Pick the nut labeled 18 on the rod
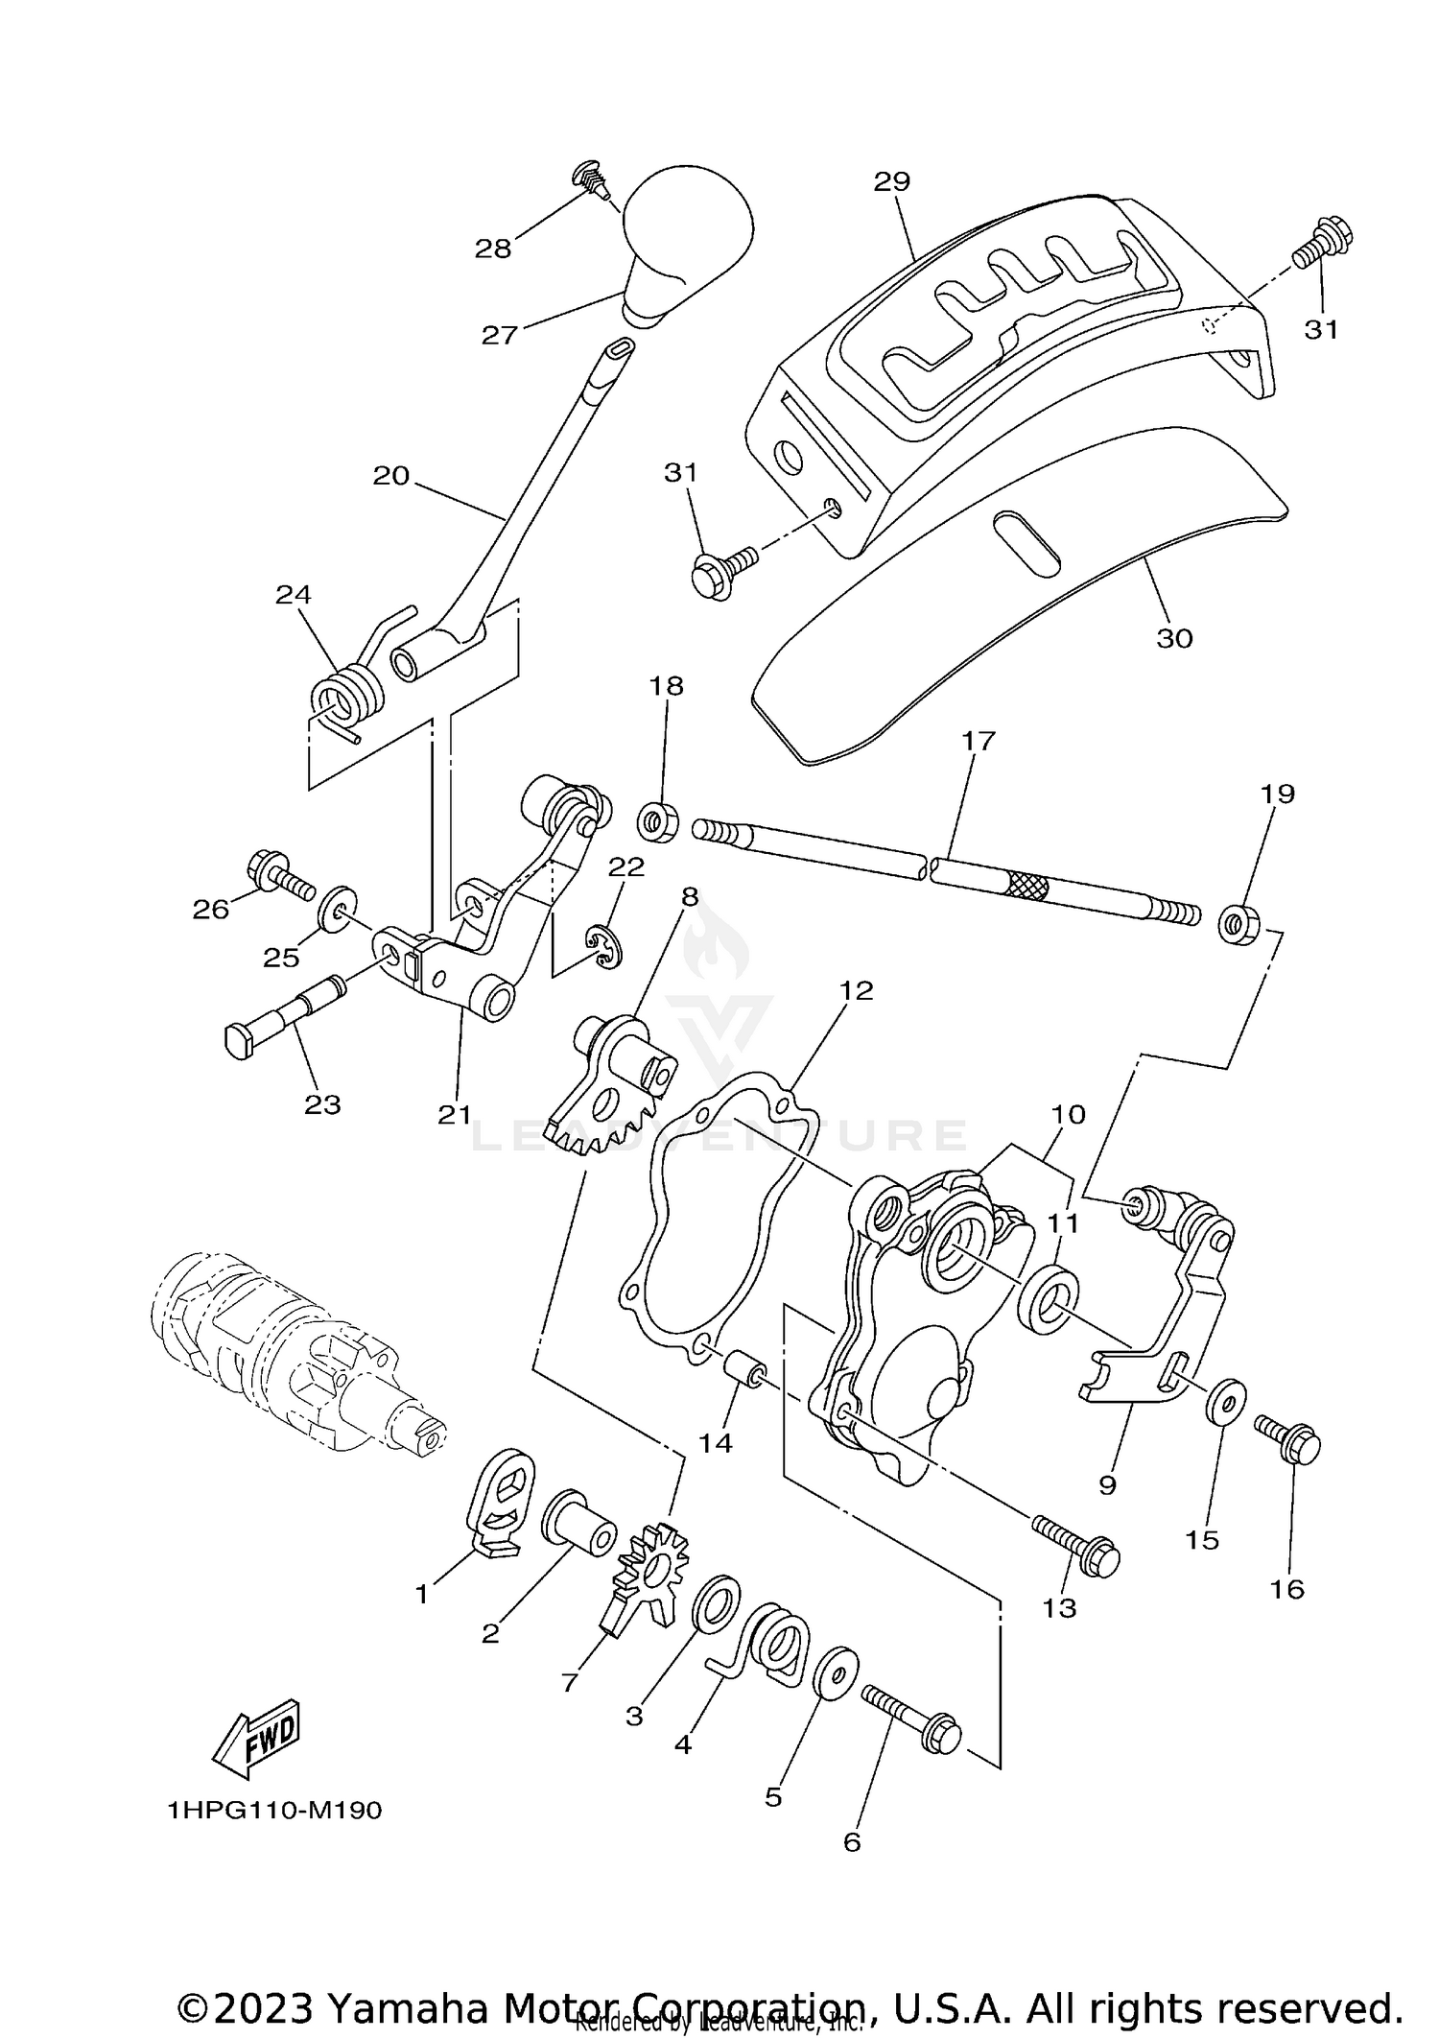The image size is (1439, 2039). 658,821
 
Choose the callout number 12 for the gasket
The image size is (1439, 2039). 856,989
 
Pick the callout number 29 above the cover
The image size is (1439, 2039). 892,181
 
